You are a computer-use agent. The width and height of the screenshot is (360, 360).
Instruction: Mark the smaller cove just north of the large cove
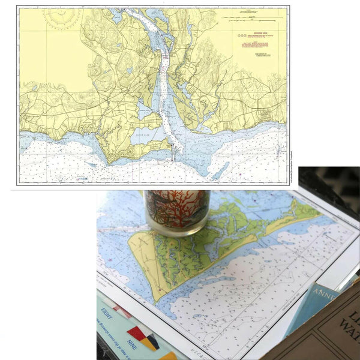(x=144, y=109)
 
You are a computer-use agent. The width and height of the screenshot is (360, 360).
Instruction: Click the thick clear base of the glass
(x=176, y=228)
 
